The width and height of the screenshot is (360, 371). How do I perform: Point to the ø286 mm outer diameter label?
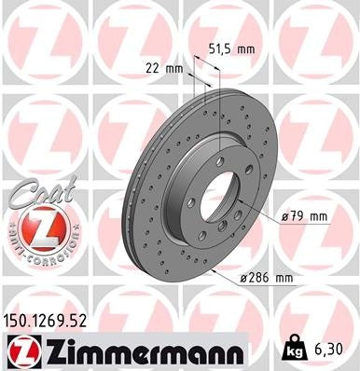267,278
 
